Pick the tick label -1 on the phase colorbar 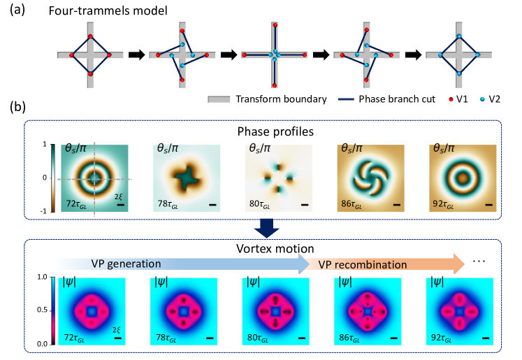[x=45, y=210]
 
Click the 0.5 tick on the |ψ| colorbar [x=43, y=310]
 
